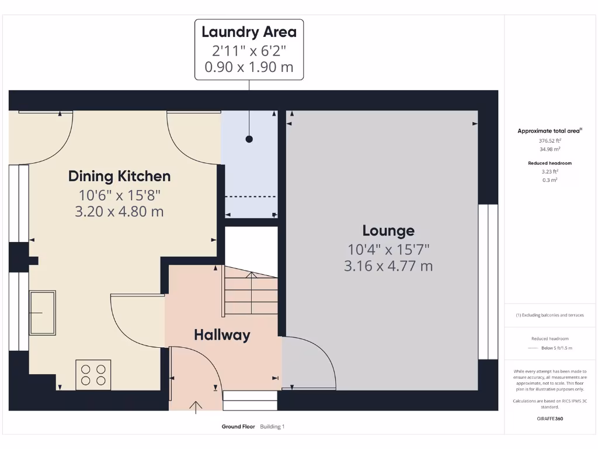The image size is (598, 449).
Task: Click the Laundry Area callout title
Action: (x=249, y=32)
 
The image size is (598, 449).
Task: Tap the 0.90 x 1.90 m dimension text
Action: (x=249, y=67)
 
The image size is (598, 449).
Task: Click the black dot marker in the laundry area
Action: (x=249, y=139)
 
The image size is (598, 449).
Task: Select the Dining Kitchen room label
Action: (x=119, y=176)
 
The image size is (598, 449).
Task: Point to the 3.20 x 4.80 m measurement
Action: (x=119, y=212)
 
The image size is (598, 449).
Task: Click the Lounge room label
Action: (x=388, y=231)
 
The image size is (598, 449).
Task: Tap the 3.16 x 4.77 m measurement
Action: (x=388, y=267)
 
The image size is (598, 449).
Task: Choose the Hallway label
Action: (x=222, y=335)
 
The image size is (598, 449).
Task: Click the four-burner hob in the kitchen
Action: (x=93, y=375)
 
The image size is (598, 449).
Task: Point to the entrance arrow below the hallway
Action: (x=196, y=406)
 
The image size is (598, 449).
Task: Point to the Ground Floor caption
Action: (x=238, y=427)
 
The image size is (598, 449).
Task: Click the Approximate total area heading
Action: (x=550, y=131)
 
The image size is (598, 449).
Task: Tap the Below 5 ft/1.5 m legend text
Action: (x=557, y=348)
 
